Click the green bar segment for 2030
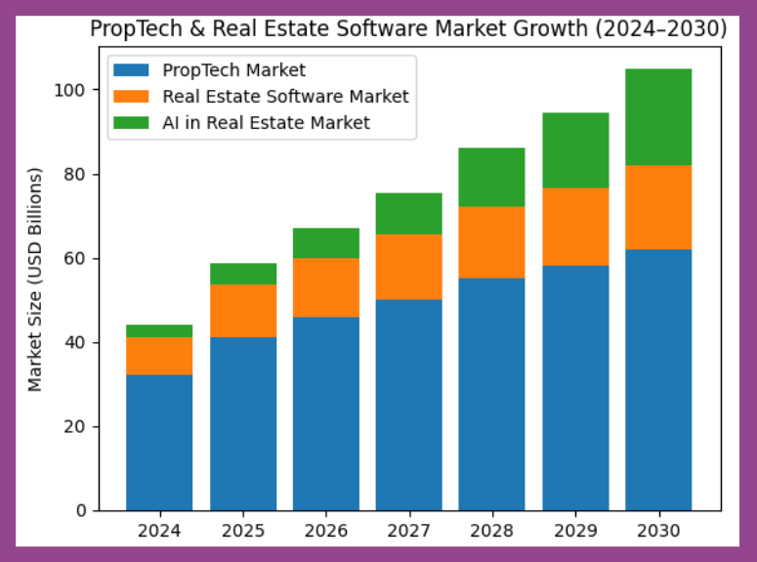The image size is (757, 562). click(x=658, y=116)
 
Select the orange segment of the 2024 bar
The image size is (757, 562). click(x=159, y=356)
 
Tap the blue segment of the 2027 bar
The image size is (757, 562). click(x=408, y=405)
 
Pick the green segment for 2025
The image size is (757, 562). click(x=242, y=274)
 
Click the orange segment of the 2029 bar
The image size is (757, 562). click(x=575, y=227)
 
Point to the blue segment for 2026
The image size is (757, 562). click(x=325, y=413)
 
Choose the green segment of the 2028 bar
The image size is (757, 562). click(x=491, y=177)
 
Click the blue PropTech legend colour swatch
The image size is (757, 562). click(x=132, y=70)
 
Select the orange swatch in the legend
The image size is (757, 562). click(x=132, y=97)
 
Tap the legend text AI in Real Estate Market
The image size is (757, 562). click(x=267, y=123)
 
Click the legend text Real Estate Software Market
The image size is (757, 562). click(x=285, y=97)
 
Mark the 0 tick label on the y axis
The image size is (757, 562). click(x=83, y=511)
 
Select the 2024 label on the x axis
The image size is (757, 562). click(x=159, y=533)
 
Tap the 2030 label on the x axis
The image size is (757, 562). click(x=658, y=533)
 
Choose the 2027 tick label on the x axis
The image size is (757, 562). click(x=408, y=533)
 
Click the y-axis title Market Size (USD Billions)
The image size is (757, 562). click(x=36, y=280)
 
